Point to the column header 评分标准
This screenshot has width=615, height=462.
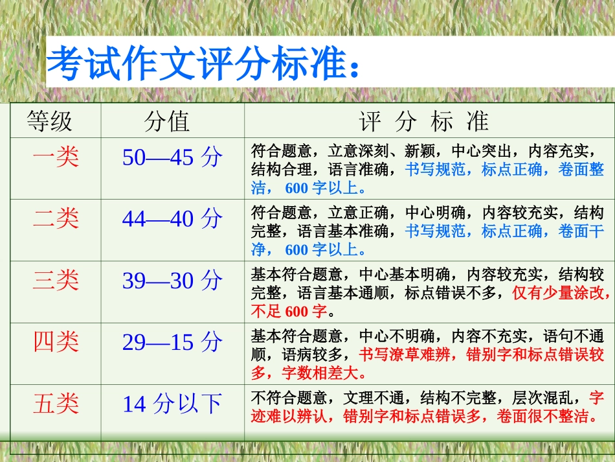(x=424, y=121)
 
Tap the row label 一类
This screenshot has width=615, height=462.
(x=56, y=157)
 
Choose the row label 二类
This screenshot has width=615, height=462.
(x=56, y=218)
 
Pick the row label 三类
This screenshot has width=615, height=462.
(x=56, y=280)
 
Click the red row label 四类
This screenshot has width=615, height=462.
(x=56, y=341)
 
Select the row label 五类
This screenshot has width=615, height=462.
(x=56, y=404)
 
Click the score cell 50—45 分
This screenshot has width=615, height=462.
(x=172, y=157)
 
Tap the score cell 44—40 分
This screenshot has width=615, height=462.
(x=172, y=218)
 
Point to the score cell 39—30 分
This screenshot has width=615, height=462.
(x=172, y=280)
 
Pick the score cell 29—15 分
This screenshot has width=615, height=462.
(x=172, y=341)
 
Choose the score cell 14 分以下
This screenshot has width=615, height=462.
(x=172, y=404)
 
